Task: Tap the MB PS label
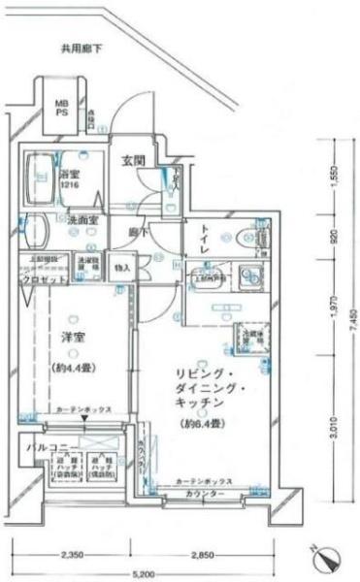(x=61, y=108)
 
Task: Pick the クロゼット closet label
(x=43, y=278)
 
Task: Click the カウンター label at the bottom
(x=203, y=495)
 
